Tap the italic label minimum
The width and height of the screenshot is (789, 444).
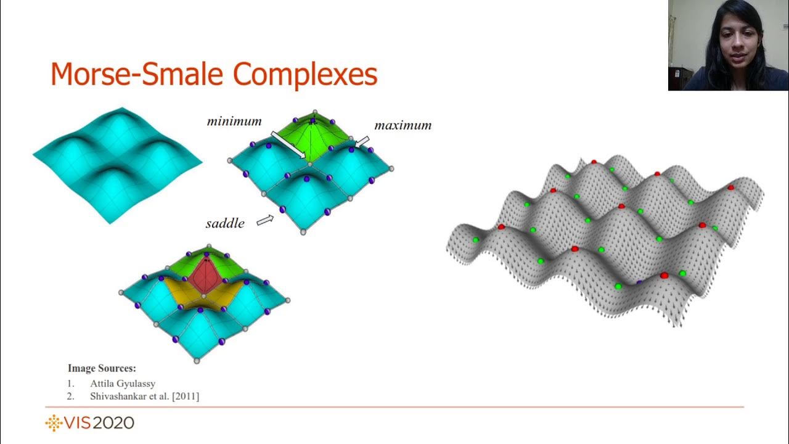(234, 121)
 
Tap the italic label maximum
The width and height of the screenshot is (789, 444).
(403, 126)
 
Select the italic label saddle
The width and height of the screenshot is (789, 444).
(225, 223)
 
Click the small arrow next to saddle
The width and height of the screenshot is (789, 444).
(265, 220)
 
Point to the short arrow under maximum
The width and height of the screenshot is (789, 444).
(362, 142)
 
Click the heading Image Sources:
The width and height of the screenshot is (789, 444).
(102, 368)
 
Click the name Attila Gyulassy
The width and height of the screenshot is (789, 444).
(123, 384)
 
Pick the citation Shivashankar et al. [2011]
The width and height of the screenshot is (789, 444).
(144, 397)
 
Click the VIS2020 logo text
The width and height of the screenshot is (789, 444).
(99, 423)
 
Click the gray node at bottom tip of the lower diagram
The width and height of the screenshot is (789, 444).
(197, 361)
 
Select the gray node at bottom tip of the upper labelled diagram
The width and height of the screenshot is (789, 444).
(303, 232)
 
